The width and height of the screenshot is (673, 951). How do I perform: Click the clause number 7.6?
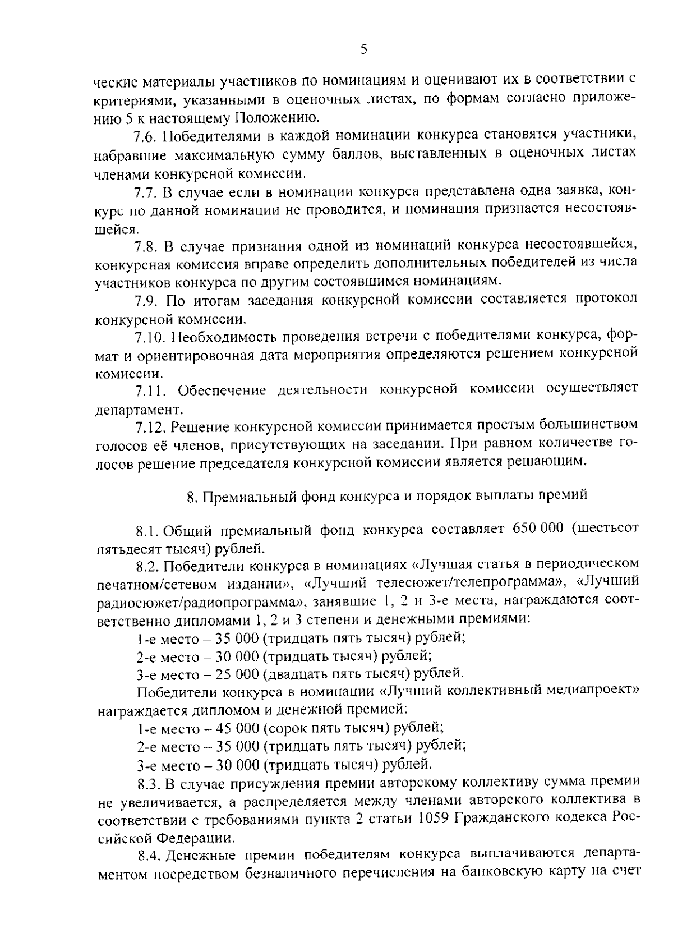[147, 136]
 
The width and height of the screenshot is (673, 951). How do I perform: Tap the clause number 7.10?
[150, 337]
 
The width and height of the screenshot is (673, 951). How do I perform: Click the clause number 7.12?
[150, 428]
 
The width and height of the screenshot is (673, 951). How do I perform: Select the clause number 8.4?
[150, 854]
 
